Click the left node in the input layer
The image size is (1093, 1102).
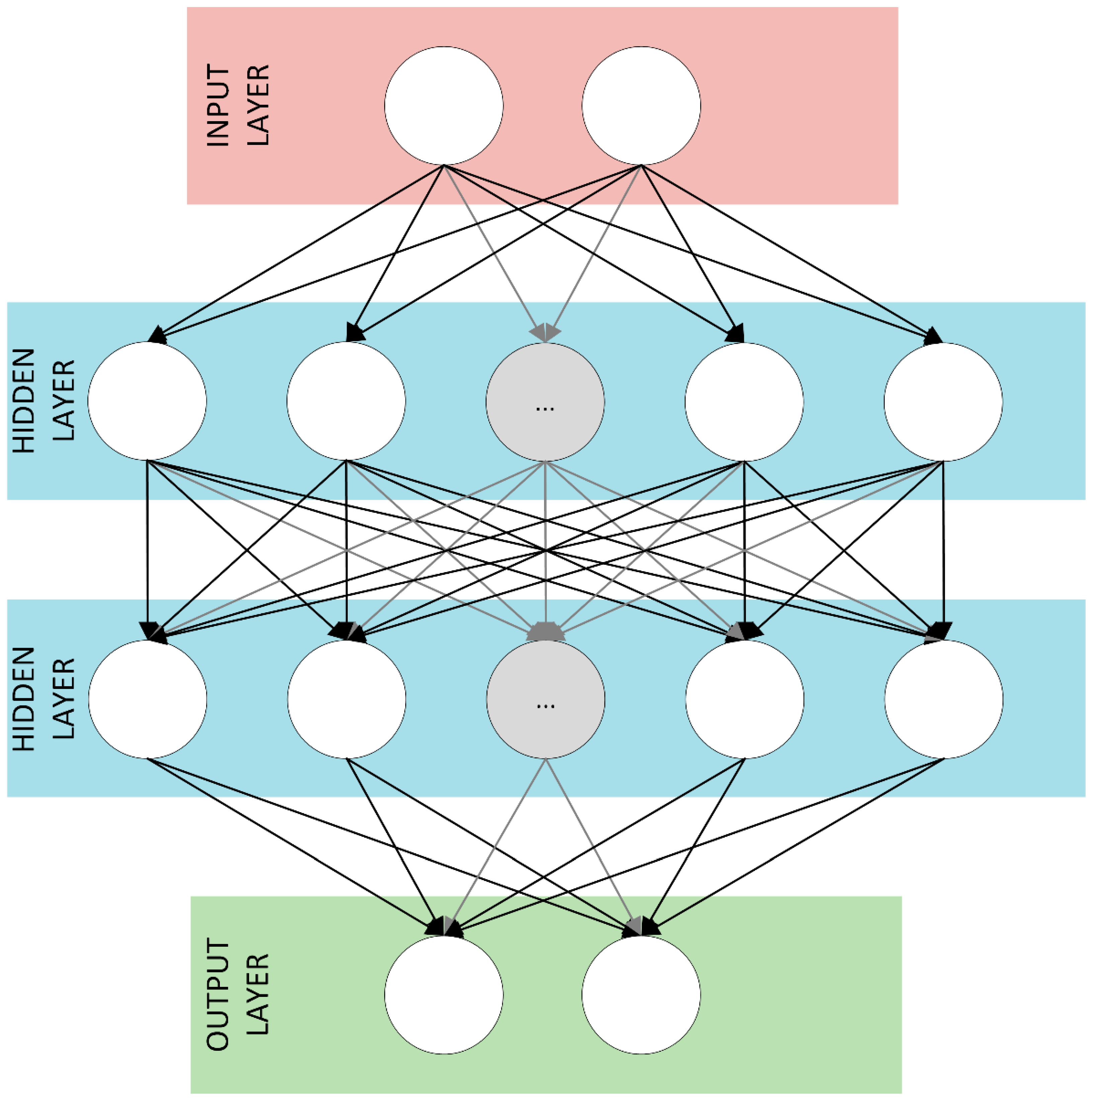[x=443, y=106]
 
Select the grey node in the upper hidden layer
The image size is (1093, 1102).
[x=545, y=402]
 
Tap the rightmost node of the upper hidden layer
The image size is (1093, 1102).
[x=943, y=402]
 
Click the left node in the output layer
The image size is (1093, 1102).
[x=443, y=995]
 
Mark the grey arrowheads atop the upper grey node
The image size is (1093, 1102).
[x=545, y=332]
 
